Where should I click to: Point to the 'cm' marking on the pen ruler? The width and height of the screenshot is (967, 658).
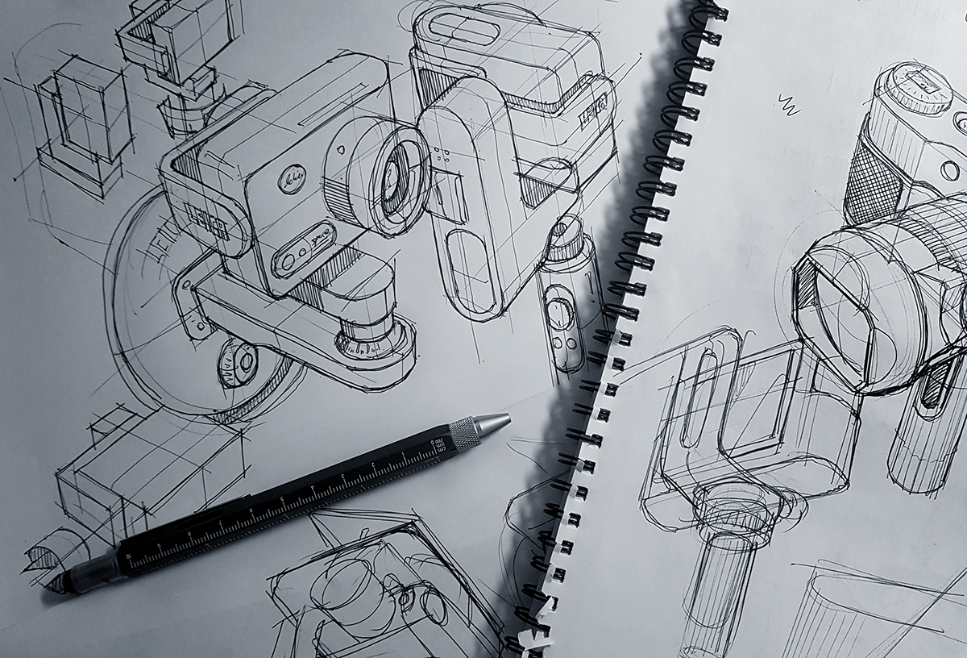[x=438, y=444]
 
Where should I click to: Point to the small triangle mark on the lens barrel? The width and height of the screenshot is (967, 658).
[x=344, y=150]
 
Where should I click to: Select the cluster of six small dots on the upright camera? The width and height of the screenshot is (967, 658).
[x=440, y=156]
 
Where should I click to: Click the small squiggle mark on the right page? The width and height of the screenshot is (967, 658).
[x=789, y=104]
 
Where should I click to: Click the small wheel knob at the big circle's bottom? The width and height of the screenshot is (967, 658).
[x=238, y=364]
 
